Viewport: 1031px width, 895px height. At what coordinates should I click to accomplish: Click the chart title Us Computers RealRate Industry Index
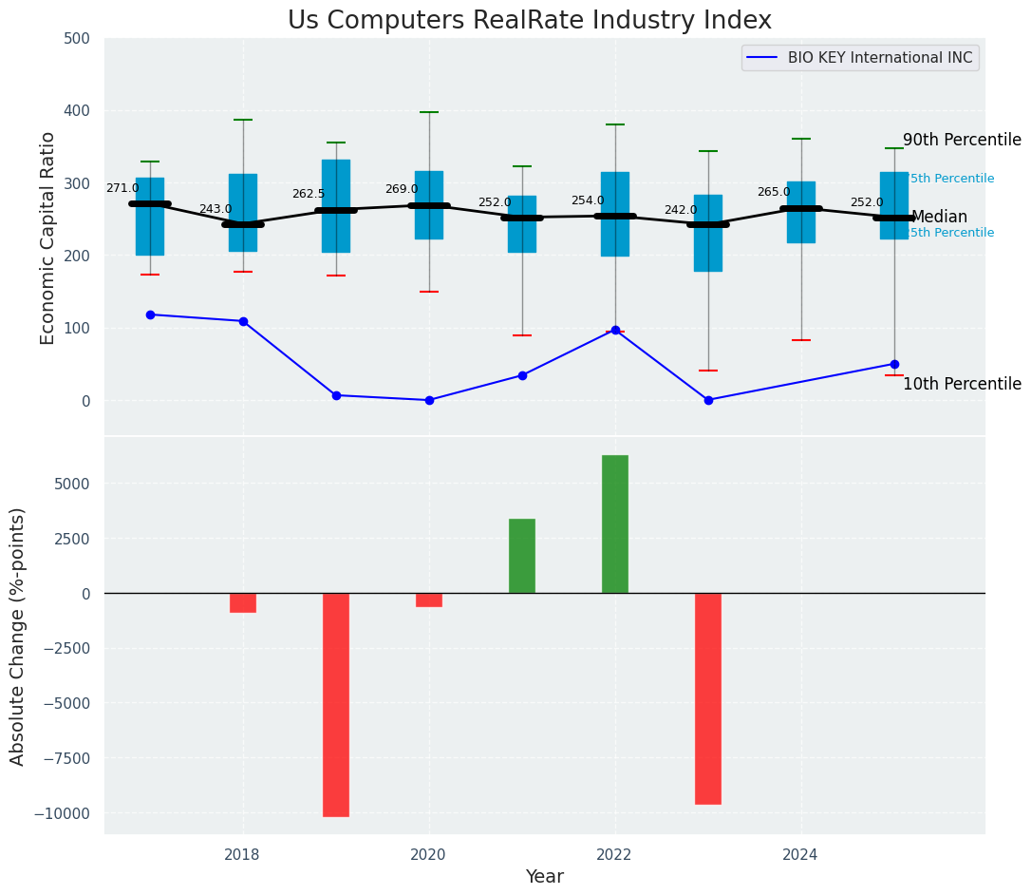pyautogui.click(x=530, y=21)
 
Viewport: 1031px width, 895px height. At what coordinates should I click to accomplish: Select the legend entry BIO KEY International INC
pyautogui.click(x=879, y=58)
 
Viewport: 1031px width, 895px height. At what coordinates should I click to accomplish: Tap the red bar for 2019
pyautogui.click(x=336, y=704)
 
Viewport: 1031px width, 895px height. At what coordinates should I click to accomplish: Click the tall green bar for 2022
pyautogui.click(x=615, y=524)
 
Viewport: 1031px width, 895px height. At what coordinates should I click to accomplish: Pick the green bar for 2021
pyautogui.click(x=522, y=556)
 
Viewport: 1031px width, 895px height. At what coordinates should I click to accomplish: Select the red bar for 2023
pyautogui.click(x=708, y=698)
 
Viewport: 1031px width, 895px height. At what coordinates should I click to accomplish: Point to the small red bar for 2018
pyautogui.click(x=243, y=602)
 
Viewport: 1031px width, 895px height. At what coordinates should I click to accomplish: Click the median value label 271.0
pyautogui.click(x=122, y=188)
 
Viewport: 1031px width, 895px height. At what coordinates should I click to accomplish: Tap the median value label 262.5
pyautogui.click(x=309, y=194)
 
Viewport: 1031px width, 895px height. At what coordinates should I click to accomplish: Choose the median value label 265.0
pyautogui.click(x=774, y=192)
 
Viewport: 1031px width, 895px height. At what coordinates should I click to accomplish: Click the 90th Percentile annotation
pyautogui.click(x=962, y=140)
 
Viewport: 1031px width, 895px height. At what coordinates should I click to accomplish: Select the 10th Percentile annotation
pyautogui.click(x=962, y=384)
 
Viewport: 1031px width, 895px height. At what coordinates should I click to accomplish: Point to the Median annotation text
pyautogui.click(x=939, y=217)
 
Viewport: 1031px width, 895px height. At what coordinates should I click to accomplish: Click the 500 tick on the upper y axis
pyautogui.click(x=78, y=38)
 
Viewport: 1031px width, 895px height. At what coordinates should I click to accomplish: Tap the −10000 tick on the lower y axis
pyautogui.click(x=65, y=813)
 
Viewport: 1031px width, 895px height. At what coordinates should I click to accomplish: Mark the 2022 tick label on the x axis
pyautogui.click(x=615, y=854)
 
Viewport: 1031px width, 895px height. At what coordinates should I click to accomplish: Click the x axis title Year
pyautogui.click(x=545, y=877)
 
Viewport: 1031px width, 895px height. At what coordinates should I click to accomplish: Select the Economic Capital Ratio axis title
pyautogui.click(x=48, y=238)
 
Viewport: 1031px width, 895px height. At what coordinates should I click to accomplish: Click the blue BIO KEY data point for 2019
pyautogui.click(x=336, y=395)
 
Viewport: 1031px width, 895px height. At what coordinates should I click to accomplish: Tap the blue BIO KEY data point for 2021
pyautogui.click(x=522, y=375)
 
